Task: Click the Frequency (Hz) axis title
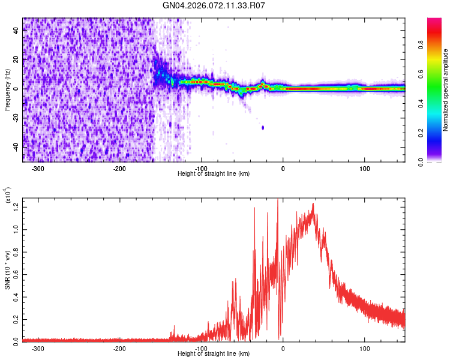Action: [x=7, y=90]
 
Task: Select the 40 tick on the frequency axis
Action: [x=16, y=31]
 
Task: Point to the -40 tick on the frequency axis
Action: [x=16, y=146]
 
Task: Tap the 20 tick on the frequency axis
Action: [x=16, y=59]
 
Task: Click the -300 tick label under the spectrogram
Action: [x=38, y=169]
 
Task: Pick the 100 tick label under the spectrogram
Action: [x=364, y=169]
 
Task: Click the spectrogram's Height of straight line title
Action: [x=214, y=174]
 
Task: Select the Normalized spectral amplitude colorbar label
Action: [x=446, y=90]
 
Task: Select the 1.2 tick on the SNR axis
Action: [x=16, y=206]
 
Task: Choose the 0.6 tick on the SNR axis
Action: [x=16, y=273]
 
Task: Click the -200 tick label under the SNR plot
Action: [x=119, y=348]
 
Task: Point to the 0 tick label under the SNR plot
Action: [x=283, y=348]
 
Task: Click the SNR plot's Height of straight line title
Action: [x=214, y=354]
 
